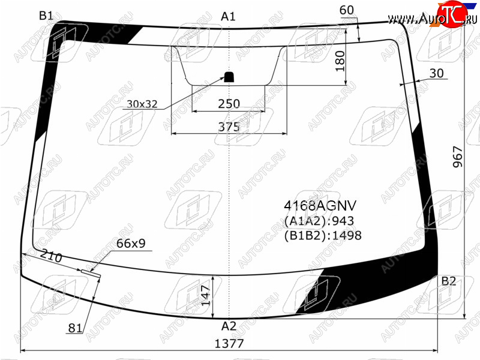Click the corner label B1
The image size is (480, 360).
coord(46,16)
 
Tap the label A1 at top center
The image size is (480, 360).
coord(228,17)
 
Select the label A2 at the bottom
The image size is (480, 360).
coord(229,326)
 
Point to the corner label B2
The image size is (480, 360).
coord(448,281)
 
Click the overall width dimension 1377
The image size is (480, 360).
coord(229,344)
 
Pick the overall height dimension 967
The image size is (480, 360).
coord(458,157)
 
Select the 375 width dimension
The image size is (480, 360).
coord(229,127)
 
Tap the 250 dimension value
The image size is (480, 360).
coord(229,104)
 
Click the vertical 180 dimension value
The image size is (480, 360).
coord(340,61)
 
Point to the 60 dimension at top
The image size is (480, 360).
coord(347,10)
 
